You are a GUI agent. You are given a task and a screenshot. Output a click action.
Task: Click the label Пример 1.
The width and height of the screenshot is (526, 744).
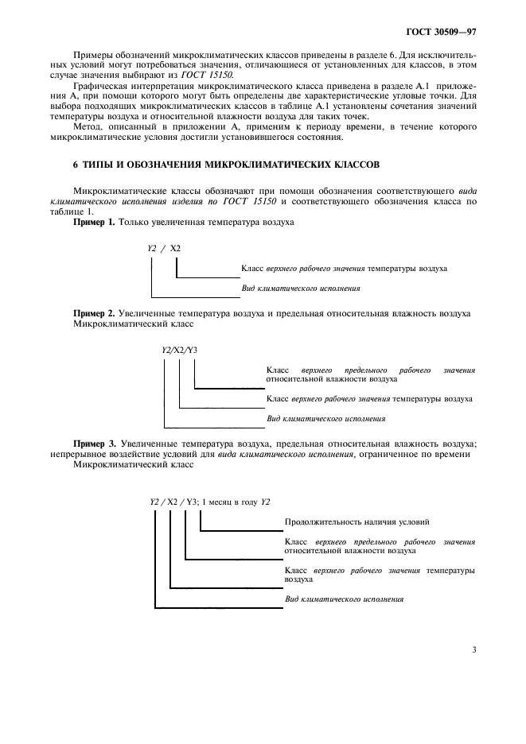pos(94,223)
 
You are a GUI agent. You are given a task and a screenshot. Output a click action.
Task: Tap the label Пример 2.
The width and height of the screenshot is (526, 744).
pos(94,314)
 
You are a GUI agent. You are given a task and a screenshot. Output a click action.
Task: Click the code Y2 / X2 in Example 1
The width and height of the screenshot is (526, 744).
pos(163,249)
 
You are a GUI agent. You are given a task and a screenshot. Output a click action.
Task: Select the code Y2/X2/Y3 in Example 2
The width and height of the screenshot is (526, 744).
pos(180,349)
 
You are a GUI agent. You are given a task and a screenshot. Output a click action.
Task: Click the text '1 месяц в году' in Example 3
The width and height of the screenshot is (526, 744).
pos(231,501)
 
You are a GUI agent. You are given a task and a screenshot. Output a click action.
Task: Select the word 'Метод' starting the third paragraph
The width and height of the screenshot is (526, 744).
pos(86,126)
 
